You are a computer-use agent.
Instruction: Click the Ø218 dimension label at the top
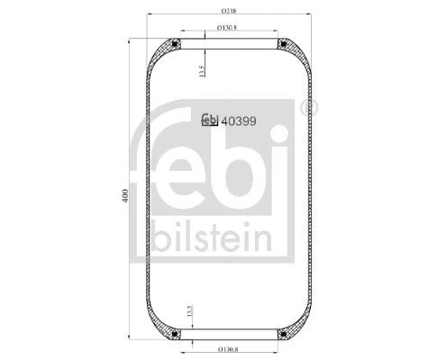(x=229, y=11)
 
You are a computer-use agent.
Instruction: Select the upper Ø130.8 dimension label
(x=227, y=28)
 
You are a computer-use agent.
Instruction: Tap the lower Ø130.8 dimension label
(x=228, y=349)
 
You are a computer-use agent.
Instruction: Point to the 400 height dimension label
(x=125, y=195)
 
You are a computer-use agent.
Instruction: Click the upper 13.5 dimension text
(x=202, y=71)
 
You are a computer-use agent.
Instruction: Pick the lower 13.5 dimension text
(x=189, y=311)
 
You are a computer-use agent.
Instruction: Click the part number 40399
(x=239, y=121)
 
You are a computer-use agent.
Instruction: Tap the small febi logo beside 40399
(x=210, y=120)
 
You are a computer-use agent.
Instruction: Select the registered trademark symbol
(x=309, y=107)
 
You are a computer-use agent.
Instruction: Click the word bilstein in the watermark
(x=212, y=237)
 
